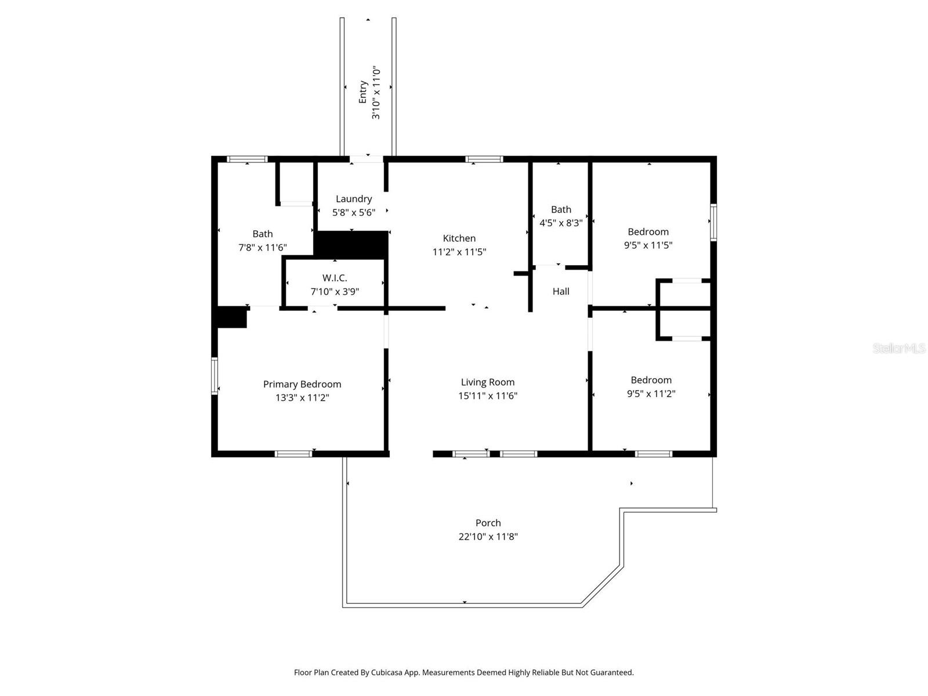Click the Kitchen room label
(x=459, y=238)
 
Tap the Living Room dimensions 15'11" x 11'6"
(x=487, y=396)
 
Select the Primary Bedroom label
(x=302, y=384)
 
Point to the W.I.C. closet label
(x=335, y=278)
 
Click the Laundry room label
(x=353, y=198)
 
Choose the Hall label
(x=560, y=291)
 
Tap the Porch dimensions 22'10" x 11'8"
(x=488, y=536)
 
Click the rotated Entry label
(x=363, y=92)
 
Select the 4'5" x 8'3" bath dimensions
(x=560, y=222)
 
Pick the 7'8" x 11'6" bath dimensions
(x=262, y=248)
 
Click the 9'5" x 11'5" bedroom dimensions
(x=648, y=245)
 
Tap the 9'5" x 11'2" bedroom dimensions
(x=651, y=394)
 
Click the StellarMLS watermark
(x=898, y=349)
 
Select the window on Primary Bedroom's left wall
(x=214, y=375)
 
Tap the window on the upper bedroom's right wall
(x=713, y=222)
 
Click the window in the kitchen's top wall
(x=484, y=159)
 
